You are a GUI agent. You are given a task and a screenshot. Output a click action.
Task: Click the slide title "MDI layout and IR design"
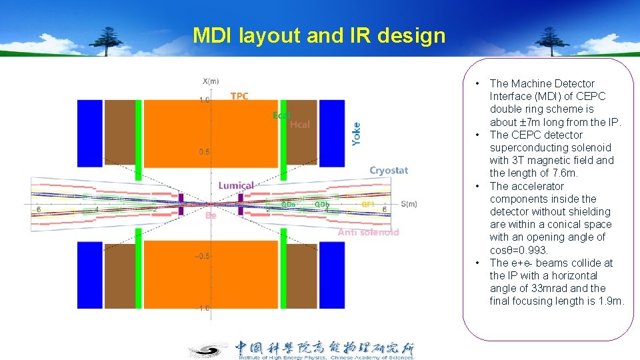[x=319, y=35]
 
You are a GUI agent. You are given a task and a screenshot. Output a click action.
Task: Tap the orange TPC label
[x=239, y=96]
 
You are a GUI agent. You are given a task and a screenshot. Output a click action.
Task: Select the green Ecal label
[x=282, y=115]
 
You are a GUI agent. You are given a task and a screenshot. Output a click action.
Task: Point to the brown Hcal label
[x=300, y=125]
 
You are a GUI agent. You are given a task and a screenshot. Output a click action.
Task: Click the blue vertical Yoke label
[x=356, y=134]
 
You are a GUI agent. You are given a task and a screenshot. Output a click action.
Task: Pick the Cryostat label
[x=389, y=171]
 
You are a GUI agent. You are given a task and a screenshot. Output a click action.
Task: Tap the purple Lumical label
[x=236, y=185]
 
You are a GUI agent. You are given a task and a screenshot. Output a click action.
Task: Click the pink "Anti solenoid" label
[x=368, y=232]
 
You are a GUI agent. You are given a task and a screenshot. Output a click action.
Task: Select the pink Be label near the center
[x=211, y=215]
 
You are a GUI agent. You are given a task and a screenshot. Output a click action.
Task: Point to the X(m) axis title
[x=210, y=81]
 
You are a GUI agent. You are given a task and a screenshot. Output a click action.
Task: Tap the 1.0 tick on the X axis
[x=203, y=100]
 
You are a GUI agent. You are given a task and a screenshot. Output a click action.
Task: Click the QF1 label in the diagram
[x=368, y=203]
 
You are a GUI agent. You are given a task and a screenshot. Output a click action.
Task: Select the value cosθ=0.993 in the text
[x=519, y=250]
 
